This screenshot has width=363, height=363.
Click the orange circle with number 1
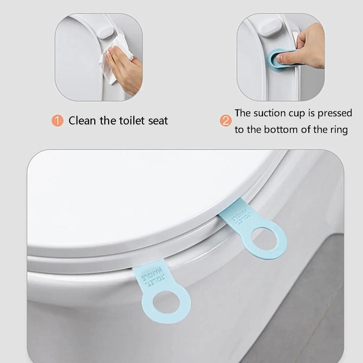pyautogui.click(x=57, y=121)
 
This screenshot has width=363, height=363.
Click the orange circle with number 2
pyautogui.click(x=226, y=121)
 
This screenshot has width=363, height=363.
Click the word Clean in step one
pyautogui.click(x=82, y=121)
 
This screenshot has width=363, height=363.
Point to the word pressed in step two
pyautogui.click(x=335, y=113)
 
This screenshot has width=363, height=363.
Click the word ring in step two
pyautogui.click(x=339, y=130)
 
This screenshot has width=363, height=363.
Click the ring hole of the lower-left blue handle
pyautogui.click(x=166, y=302)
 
